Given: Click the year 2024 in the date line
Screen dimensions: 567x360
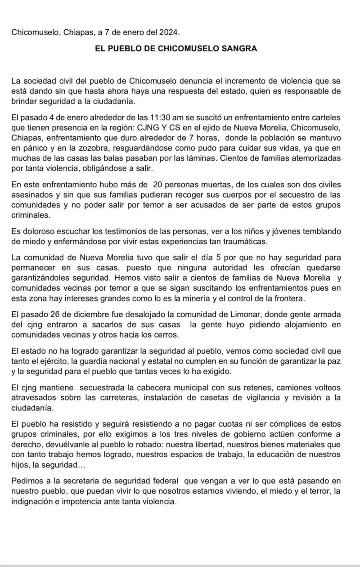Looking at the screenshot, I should pyautogui.click(x=169, y=33).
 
